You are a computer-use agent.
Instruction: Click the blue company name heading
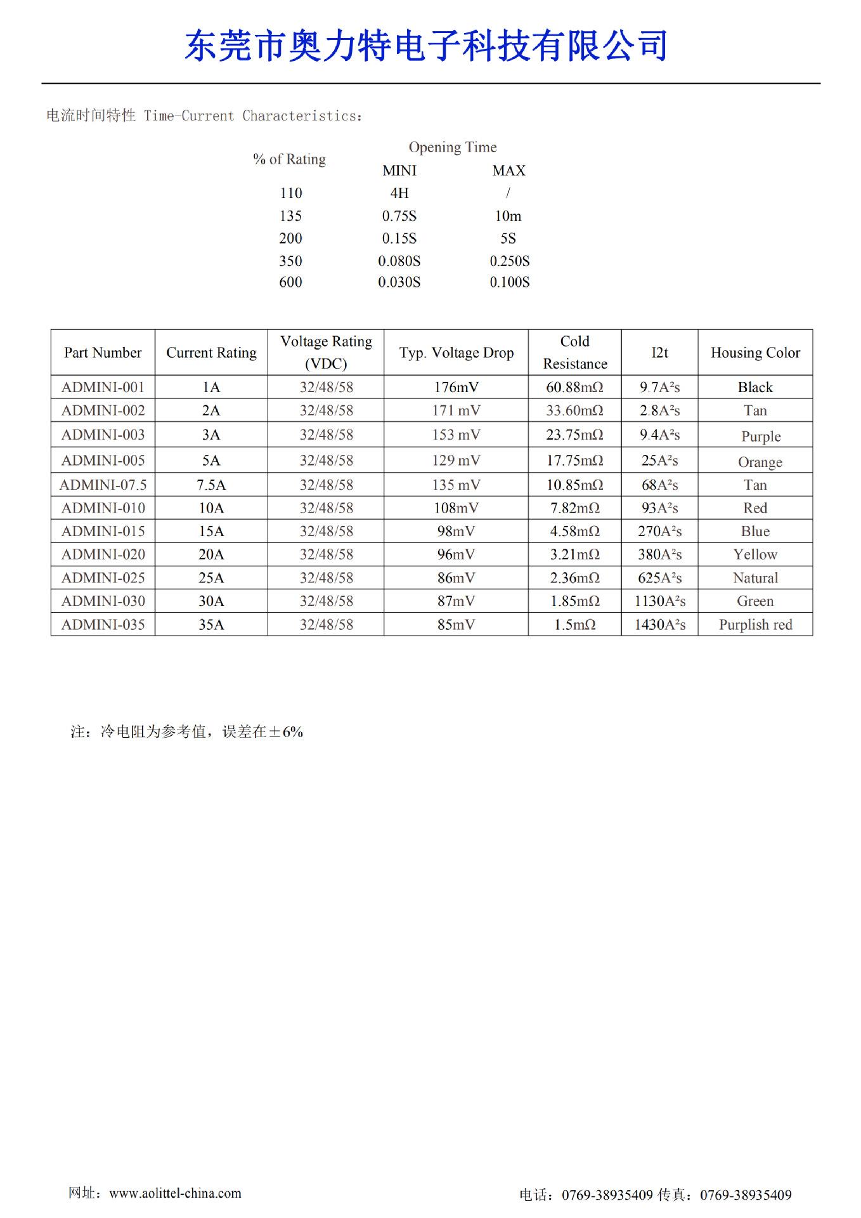click(x=425, y=46)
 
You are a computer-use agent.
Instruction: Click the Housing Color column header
click(x=755, y=353)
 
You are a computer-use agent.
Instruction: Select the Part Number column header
click(x=103, y=353)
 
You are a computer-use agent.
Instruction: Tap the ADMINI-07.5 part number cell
click(x=103, y=485)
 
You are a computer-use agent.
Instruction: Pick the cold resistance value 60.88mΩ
click(x=574, y=387)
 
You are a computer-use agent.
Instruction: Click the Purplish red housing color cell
click(x=755, y=625)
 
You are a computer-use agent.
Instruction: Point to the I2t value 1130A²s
click(x=659, y=601)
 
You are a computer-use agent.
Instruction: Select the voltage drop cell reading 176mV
click(x=456, y=387)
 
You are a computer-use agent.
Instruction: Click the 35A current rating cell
click(x=211, y=625)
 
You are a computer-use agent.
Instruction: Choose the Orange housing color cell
click(x=760, y=462)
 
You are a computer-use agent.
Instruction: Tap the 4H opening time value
click(x=399, y=193)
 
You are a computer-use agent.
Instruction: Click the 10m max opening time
click(x=508, y=216)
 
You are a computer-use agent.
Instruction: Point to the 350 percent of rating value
click(x=290, y=261)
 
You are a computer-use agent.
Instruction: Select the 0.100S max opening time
click(x=509, y=282)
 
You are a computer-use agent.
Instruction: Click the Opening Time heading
click(x=452, y=147)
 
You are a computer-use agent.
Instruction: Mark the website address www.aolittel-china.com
click(x=175, y=1193)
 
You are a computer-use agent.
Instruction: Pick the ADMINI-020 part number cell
click(x=103, y=555)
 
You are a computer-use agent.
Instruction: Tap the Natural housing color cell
click(x=755, y=578)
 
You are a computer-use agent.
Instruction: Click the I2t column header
click(x=659, y=353)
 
